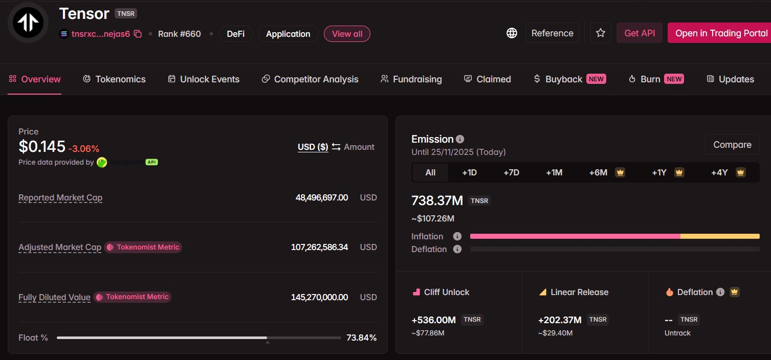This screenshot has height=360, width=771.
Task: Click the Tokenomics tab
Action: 115,79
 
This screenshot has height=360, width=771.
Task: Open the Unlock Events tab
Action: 204,79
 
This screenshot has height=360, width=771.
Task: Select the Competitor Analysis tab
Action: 310,79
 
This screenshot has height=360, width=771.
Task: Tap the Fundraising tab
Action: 411,79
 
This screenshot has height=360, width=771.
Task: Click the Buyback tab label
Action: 563,79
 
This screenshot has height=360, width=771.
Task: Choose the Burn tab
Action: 650,79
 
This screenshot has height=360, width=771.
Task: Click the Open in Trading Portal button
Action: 721,33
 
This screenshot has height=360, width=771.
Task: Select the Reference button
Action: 552,33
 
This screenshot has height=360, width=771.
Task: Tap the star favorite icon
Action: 601,33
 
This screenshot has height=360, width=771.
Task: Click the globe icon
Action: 512,33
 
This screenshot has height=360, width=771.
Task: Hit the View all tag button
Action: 347,34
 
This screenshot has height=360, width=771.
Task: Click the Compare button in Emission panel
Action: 732,145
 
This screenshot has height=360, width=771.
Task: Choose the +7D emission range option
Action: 511,172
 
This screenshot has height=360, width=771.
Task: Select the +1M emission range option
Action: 554,172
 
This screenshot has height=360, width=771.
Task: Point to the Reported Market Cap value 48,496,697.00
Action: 322,197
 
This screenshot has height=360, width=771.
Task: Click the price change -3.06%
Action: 84,149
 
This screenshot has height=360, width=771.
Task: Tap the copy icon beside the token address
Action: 138,34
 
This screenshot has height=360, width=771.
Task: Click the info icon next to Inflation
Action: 457,236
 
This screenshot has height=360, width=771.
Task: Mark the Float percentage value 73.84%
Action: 361,337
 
